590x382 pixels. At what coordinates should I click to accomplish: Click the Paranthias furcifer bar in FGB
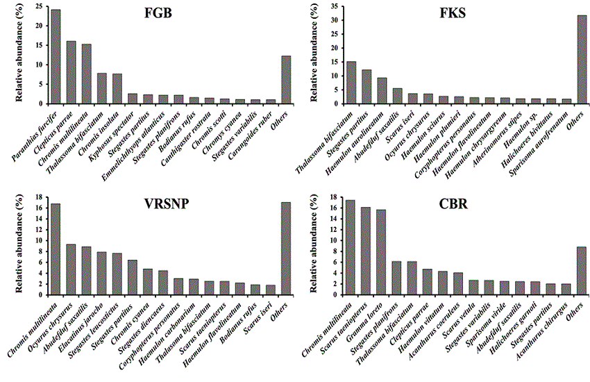pyautogui.click(x=56, y=56)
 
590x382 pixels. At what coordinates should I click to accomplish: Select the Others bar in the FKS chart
pyautogui.click(x=581, y=59)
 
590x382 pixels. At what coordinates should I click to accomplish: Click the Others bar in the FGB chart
pyautogui.click(x=285, y=79)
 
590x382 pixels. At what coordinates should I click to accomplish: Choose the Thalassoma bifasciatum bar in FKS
pyautogui.click(x=351, y=83)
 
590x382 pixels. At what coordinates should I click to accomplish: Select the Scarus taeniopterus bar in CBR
pyautogui.click(x=365, y=251)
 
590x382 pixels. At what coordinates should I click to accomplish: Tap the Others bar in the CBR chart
pyautogui.click(x=581, y=270)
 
